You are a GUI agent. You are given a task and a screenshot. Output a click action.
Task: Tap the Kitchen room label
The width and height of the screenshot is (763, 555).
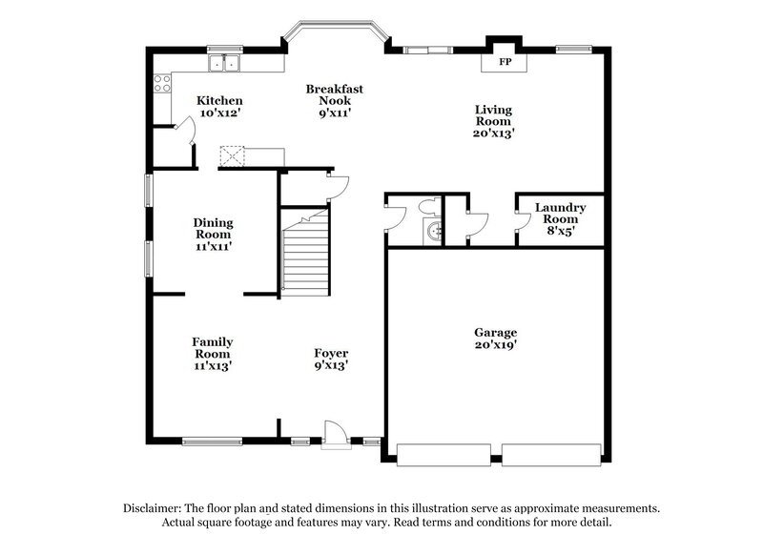coord(219,100)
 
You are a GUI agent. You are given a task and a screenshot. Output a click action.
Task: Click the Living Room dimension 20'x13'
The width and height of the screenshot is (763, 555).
coord(494,134)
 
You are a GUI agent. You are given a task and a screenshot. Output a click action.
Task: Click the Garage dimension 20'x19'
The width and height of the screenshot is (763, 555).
coord(496,345)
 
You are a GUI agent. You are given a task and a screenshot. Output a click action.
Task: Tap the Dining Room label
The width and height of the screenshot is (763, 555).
coord(214,228)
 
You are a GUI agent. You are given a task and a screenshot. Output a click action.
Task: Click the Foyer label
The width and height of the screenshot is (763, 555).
coord(331,353)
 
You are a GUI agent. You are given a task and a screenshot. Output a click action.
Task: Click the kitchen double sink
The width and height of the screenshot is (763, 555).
coord(226,63)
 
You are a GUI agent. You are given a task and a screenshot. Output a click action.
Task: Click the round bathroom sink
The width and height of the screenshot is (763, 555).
coord(435,230)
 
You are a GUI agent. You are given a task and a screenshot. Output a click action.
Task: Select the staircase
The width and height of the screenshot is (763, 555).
coord(306,253)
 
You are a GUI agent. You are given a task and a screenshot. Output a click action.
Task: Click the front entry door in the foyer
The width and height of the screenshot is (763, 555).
coord(335,434)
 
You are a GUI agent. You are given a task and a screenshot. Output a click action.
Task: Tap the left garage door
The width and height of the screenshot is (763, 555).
coord(444,455)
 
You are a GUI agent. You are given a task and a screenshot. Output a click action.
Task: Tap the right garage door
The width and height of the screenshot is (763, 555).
coord(552,455)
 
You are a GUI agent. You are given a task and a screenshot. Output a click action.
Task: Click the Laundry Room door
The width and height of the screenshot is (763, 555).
coord(523,221)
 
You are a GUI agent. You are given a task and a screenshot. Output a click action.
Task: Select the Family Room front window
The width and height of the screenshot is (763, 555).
coord(212,442)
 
